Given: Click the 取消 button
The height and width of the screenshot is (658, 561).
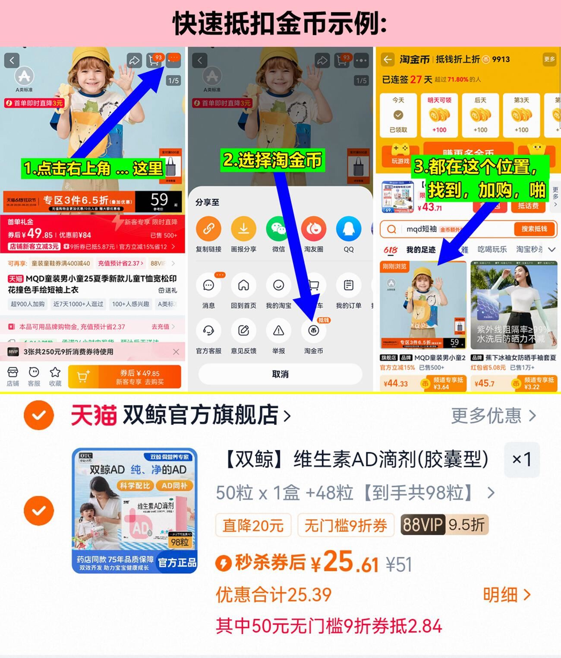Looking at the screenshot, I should (x=280, y=374).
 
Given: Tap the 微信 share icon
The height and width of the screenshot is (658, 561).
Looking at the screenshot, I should (x=278, y=229).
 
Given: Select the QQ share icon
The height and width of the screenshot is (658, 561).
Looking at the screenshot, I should (x=348, y=229).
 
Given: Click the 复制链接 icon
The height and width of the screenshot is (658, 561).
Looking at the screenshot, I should (x=208, y=229).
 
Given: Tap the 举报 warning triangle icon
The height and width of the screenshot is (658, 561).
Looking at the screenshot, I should (x=278, y=331).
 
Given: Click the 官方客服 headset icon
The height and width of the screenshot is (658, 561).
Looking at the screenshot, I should (x=208, y=331).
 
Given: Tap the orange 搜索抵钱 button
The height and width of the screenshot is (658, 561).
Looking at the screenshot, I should (x=534, y=229).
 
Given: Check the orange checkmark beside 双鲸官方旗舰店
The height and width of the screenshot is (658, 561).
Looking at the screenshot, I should (x=39, y=415).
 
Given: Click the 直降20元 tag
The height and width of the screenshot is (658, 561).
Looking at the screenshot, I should (x=253, y=525).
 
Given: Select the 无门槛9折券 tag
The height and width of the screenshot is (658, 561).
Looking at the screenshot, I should (x=346, y=525).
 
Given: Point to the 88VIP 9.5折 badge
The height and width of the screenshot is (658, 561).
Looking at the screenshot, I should (x=444, y=525).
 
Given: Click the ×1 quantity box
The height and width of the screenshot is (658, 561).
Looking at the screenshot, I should (x=522, y=459).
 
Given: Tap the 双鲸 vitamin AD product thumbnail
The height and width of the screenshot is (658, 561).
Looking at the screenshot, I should (x=135, y=511).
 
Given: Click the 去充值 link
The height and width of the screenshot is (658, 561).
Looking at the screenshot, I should (x=163, y=327).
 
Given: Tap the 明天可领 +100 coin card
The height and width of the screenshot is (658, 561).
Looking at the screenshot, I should (x=439, y=115).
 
